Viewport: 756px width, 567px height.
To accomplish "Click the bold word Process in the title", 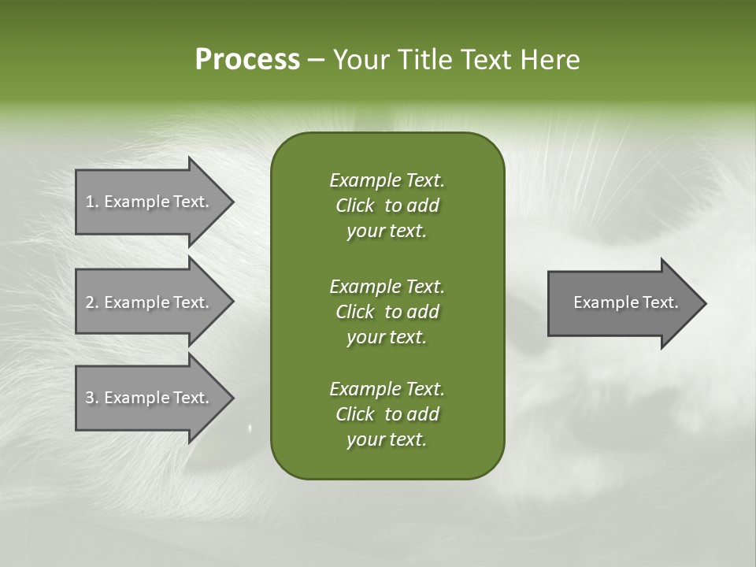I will point(247,60).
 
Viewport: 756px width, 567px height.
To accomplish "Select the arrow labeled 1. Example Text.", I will point(150,202).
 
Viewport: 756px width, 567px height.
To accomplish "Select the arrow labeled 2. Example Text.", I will point(150,302).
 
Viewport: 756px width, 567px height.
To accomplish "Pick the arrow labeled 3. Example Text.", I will point(150,398).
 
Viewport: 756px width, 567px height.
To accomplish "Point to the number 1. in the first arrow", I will point(91,202).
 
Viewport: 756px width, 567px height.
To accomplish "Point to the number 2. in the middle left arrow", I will point(91,302).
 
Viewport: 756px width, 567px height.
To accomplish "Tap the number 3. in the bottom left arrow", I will point(91,398).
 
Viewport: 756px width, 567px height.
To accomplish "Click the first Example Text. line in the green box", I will point(387,180).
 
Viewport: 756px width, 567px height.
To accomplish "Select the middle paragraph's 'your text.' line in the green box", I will point(386,337).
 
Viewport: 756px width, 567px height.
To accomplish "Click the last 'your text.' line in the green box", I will point(386,439).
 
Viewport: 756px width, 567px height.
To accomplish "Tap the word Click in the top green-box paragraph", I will point(355,206).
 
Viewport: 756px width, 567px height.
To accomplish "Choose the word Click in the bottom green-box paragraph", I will point(355,414).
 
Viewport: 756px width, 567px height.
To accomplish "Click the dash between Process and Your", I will point(316,60).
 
